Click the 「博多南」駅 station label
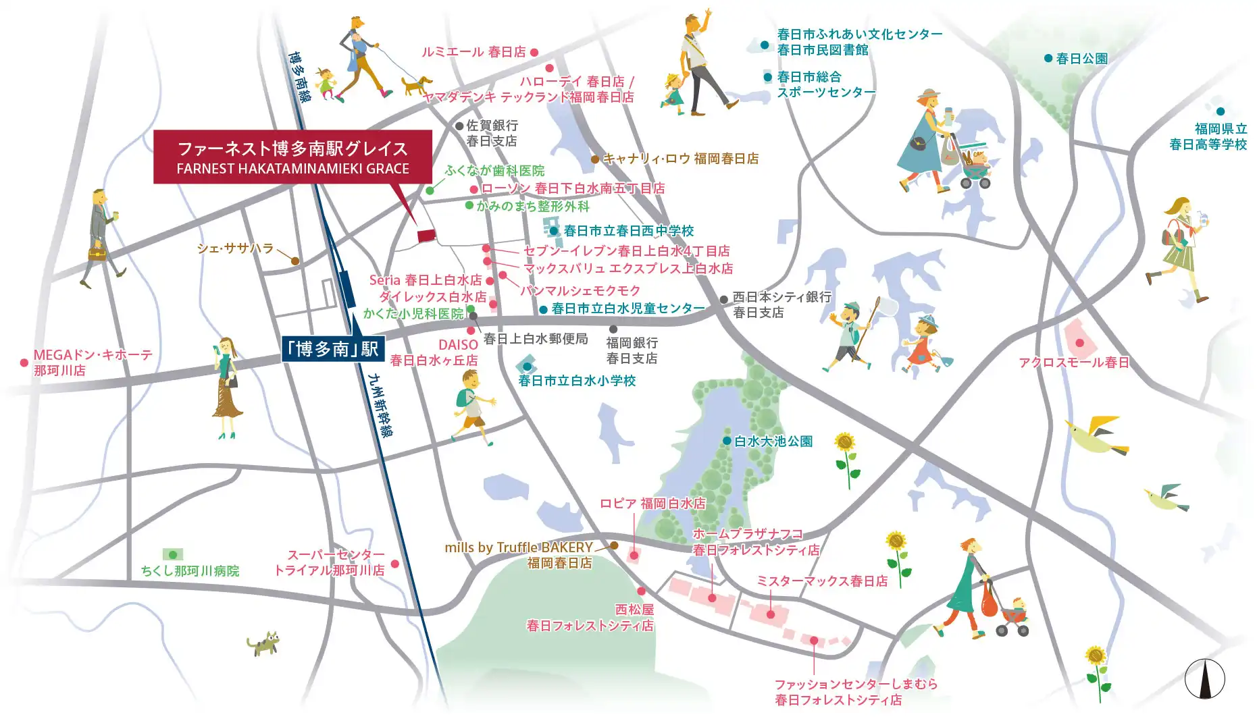[x=332, y=348]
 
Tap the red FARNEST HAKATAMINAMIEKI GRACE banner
[x=292, y=157]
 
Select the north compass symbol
[x=1204, y=678]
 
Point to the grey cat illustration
[x=264, y=643]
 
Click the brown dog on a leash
[x=416, y=85]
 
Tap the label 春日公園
[x=1081, y=59]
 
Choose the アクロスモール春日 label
[x=1073, y=363]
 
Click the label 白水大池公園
[x=773, y=441]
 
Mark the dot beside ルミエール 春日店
[x=534, y=52]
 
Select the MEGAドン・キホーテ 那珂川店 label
[x=93, y=363]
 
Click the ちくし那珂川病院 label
[x=190, y=571]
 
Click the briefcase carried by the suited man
[x=97, y=255]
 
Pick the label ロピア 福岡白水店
[x=652, y=504]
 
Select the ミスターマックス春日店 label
[x=821, y=581]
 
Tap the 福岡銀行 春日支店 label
[x=632, y=350]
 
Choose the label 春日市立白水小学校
[x=577, y=381]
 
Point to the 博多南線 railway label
[x=299, y=77]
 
